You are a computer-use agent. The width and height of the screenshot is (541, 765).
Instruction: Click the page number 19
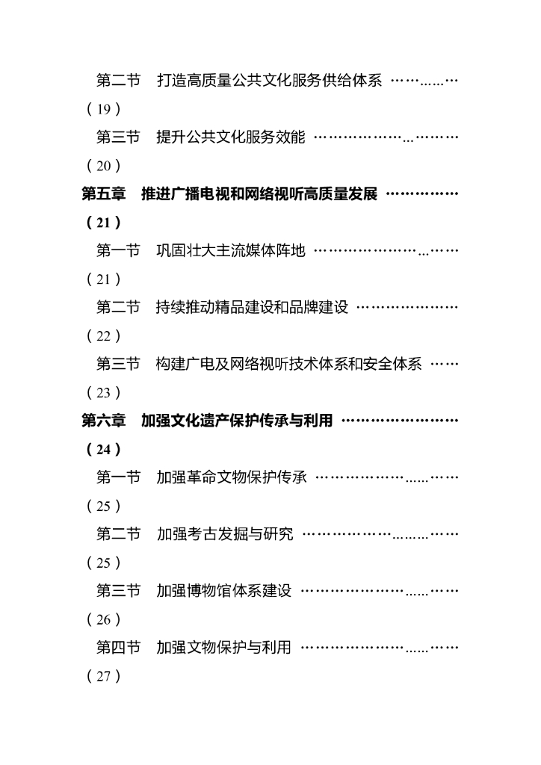[103, 110]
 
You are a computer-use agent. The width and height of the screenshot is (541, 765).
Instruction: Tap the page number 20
[103, 166]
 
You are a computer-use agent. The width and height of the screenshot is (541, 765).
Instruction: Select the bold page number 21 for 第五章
[103, 223]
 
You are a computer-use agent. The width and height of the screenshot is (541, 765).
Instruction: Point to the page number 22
[103, 336]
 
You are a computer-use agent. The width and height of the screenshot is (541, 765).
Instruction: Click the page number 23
[103, 393]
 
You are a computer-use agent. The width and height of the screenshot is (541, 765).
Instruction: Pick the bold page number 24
[103, 450]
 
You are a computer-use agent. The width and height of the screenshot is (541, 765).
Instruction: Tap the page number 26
[103, 619]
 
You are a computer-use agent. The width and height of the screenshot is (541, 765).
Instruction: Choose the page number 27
[103, 676]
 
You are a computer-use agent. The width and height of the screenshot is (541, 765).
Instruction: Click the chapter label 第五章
[104, 194]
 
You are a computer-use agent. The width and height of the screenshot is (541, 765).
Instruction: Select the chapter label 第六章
[104, 421]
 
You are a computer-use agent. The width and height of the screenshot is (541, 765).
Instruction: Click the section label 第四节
[118, 648]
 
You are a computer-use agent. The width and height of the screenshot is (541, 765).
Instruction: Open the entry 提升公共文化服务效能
[231, 137]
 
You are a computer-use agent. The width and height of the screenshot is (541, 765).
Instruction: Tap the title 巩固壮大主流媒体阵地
[231, 251]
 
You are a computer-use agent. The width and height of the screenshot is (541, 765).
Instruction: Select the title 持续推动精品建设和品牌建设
[253, 308]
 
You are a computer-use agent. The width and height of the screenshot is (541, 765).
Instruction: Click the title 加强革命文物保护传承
[231, 477]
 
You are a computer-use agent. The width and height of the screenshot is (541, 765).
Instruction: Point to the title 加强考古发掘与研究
[224, 534]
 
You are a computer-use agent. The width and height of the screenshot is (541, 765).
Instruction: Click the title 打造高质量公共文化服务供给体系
[268, 81]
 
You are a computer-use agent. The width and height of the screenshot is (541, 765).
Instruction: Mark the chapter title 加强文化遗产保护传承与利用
[237, 421]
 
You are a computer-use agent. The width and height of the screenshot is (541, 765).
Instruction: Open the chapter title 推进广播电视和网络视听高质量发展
[259, 194]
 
